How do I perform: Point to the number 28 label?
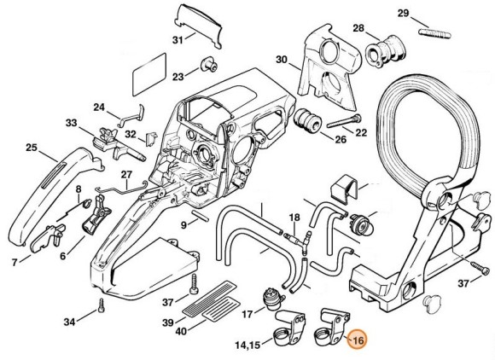[359, 29]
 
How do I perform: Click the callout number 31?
[178, 40]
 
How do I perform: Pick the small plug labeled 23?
[206, 65]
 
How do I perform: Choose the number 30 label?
[282, 60]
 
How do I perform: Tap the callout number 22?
[361, 131]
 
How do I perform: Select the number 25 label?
[31, 148]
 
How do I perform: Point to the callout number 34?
[69, 322]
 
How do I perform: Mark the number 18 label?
[294, 218]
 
